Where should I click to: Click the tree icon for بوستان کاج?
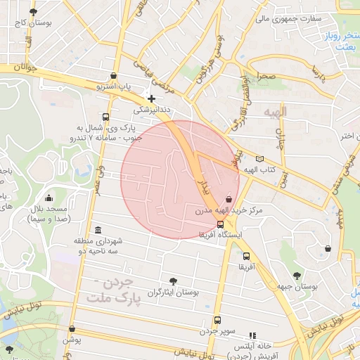point(33,13)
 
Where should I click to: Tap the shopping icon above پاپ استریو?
point(114,76)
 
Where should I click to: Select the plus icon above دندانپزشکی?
point(150,98)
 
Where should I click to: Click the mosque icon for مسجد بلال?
point(48,198)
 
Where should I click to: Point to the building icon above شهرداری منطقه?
point(97,231)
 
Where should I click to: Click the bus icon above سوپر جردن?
point(217,320)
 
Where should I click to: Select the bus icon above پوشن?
point(72,328)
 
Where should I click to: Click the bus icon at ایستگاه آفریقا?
point(221,224)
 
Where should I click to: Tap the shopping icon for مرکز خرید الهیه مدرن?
point(229,200)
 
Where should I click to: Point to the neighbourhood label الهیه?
point(276,112)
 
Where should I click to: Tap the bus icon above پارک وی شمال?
point(105,117)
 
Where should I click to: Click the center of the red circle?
point(180,179)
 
